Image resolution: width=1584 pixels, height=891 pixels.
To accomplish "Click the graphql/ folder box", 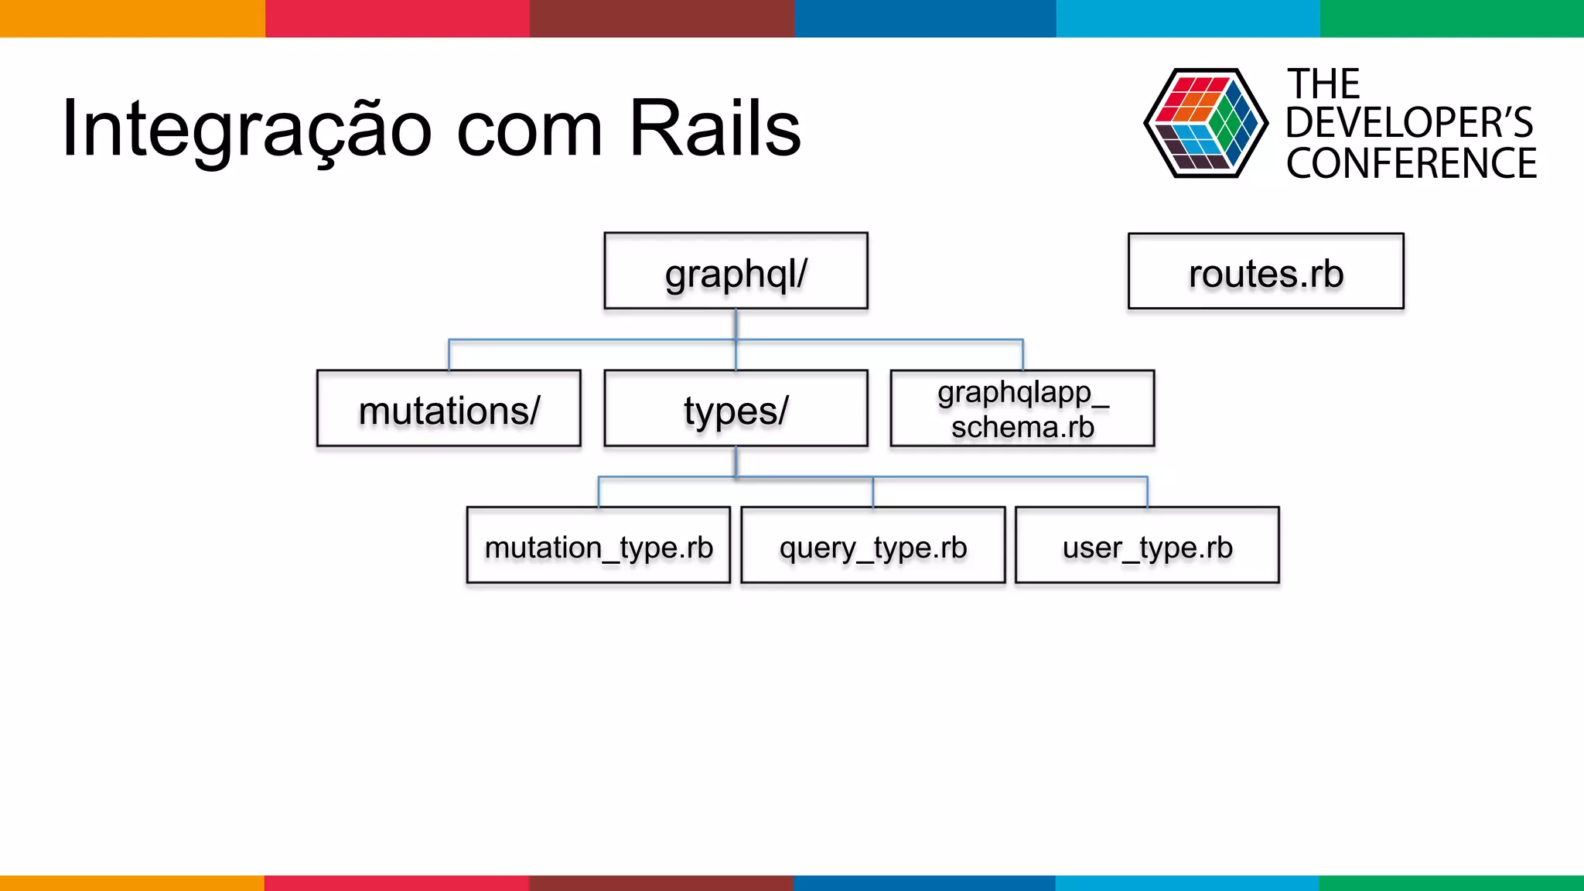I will pyautogui.click(x=736, y=271).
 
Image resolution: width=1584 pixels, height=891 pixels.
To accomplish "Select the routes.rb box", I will pyautogui.click(x=1265, y=271).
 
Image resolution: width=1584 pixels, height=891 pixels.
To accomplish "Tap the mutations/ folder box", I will pyautogui.click(x=449, y=408).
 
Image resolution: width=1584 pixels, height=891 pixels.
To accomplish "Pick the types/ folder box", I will pyautogui.click(x=736, y=408).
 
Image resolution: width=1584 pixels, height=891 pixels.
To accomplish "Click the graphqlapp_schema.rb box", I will pyautogui.click(x=1022, y=408).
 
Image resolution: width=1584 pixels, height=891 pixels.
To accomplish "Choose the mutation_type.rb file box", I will pyautogui.click(x=598, y=545).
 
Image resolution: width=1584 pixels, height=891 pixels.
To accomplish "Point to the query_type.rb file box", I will pyautogui.click(x=872, y=545).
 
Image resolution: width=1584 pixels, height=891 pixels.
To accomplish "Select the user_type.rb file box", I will pyautogui.click(x=1146, y=545).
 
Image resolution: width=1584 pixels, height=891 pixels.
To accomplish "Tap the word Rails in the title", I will pyautogui.click(x=715, y=128).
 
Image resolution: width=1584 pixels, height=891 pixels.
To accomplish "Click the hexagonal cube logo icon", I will pyautogui.click(x=1205, y=124).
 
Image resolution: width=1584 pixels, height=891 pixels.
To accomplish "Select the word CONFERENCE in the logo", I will pyautogui.click(x=1411, y=163).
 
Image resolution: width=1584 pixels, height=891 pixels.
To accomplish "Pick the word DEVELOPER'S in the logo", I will pyautogui.click(x=1409, y=123).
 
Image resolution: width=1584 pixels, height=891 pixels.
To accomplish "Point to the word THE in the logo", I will pyautogui.click(x=1323, y=84).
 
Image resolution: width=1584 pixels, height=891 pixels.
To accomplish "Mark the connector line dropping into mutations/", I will pyautogui.click(x=449, y=355).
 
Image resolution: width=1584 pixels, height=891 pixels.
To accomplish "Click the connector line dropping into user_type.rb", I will pyautogui.click(x=1147, y=493).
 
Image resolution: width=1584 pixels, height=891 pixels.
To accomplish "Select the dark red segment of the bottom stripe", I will pyautogui.click(x=661, y=882).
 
